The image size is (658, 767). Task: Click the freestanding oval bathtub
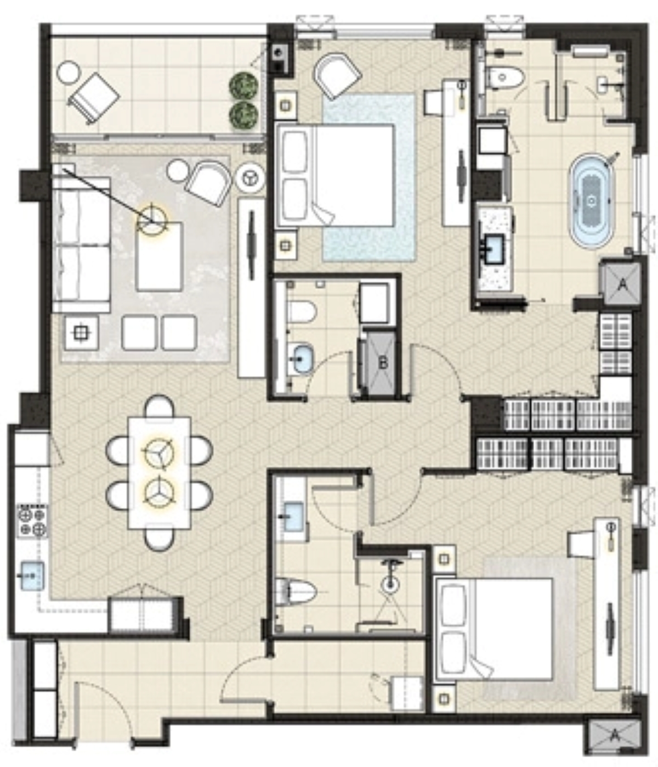click(x=591, y=200)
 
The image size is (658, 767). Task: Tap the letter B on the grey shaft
click(x=383, y=363)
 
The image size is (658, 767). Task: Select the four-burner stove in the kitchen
click(x=32, y=520)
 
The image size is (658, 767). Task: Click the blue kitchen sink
click(x=32, y=576)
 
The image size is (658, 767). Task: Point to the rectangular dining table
click(x=160, y=473)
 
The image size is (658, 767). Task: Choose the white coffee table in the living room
click(x=159, y=256)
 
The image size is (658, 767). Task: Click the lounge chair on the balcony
click(x=94, y=97)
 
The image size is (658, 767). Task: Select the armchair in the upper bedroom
click(x=337, y=76)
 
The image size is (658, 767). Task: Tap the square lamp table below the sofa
click(x=81, y=333)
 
